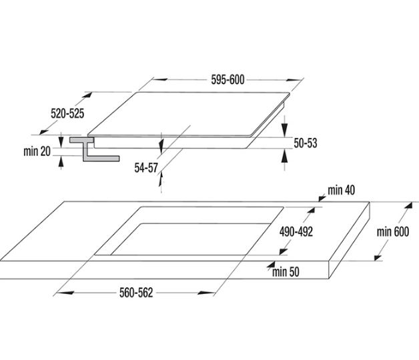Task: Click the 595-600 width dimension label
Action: tap(228, 80)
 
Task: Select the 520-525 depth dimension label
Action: tap(67, 113)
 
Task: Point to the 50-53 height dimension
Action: tap(304, 142)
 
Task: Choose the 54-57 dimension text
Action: tap(146, 168)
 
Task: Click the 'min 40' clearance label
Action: tap(340, 191)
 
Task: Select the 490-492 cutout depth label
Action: tap(296, 231)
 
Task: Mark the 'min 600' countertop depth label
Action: tap(392, 231)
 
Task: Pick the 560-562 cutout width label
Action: tap(135, 293)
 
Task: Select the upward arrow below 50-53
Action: tap(286, 156)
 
